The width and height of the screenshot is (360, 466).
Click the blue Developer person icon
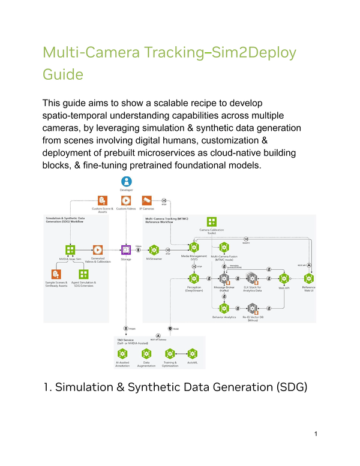coord(126,181)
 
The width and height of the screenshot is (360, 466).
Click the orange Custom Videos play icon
coord(126,200)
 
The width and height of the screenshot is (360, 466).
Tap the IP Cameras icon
coord(146,200)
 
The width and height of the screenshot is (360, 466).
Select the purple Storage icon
coord(126,249)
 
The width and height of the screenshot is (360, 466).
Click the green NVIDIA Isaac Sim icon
coord(70,249)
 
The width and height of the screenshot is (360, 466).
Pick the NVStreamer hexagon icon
coord(154,249)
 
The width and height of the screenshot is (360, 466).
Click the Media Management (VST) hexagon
coord(194,247)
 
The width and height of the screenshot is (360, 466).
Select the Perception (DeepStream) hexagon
coord(194,278)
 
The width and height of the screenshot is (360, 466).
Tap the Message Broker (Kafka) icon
coord(224,278)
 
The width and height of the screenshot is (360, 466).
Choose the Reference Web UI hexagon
coord(309,278)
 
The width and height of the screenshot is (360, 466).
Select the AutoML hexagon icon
coord(192,353)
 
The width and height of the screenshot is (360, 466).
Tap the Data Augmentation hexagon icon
coord(146,353)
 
